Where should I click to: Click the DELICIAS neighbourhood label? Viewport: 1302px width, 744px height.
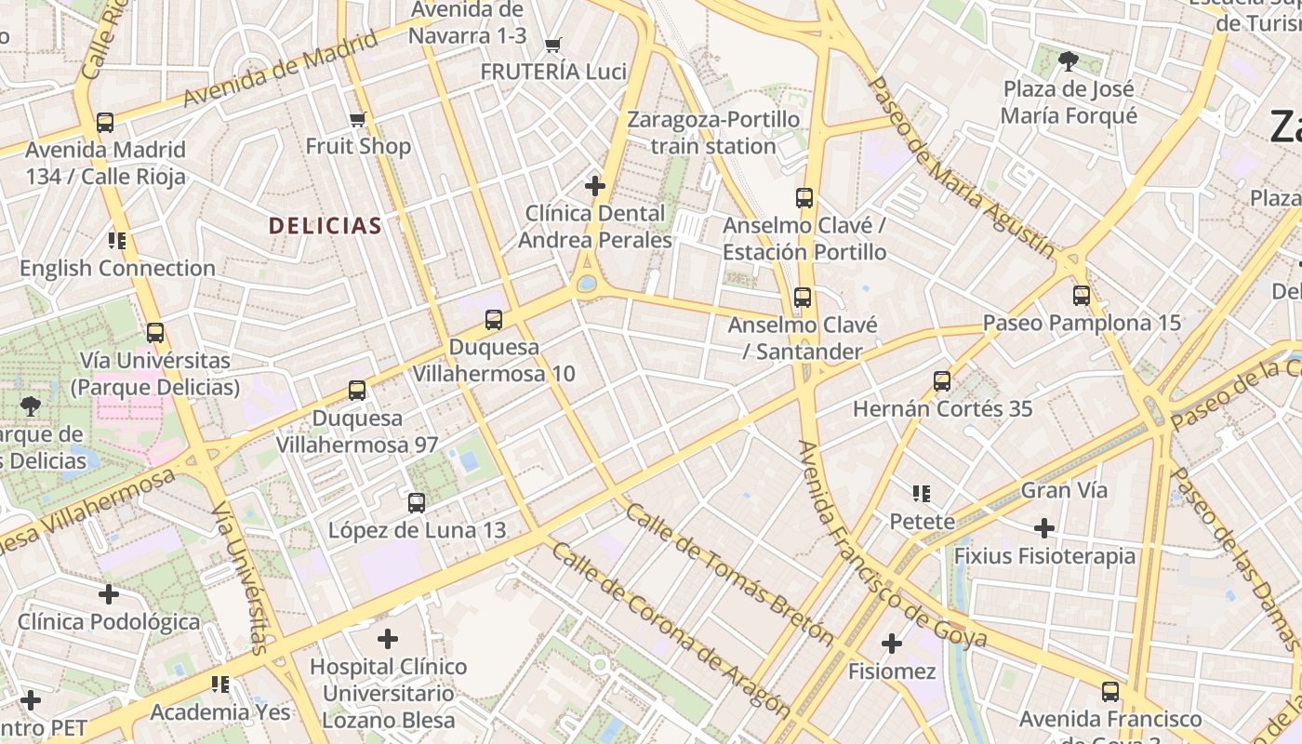[325, 225]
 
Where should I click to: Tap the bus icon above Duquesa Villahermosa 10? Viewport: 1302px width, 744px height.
[494, 320]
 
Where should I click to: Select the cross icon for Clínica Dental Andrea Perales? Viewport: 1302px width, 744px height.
[595, 186]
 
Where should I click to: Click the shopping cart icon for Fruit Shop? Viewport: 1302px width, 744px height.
[358, 119]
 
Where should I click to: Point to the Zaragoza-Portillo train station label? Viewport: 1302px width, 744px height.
[713, 133]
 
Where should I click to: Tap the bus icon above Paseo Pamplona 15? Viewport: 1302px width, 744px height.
[1082, 296]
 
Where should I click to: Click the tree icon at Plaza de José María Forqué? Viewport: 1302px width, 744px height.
[1069, 61]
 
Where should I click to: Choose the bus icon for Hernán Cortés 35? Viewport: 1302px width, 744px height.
[942, 380]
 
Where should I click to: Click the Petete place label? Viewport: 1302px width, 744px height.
[923, 521]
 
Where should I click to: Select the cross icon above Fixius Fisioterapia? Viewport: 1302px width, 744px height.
[1044, 528]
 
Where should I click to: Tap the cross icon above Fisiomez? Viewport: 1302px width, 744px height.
[892, 643]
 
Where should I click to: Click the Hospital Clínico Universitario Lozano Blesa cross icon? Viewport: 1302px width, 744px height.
[388, 639]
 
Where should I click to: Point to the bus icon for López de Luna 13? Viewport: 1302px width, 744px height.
[417, 503]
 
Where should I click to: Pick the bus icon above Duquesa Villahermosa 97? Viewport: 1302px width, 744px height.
[357, 391]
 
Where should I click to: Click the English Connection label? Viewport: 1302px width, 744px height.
[117, 269]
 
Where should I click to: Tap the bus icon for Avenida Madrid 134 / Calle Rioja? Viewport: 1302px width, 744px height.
[105, 122]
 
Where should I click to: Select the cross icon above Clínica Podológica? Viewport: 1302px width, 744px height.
[109, 593]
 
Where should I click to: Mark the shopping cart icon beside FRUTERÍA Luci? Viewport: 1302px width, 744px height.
[553, 45]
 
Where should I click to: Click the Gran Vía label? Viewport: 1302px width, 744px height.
[1064, 490]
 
